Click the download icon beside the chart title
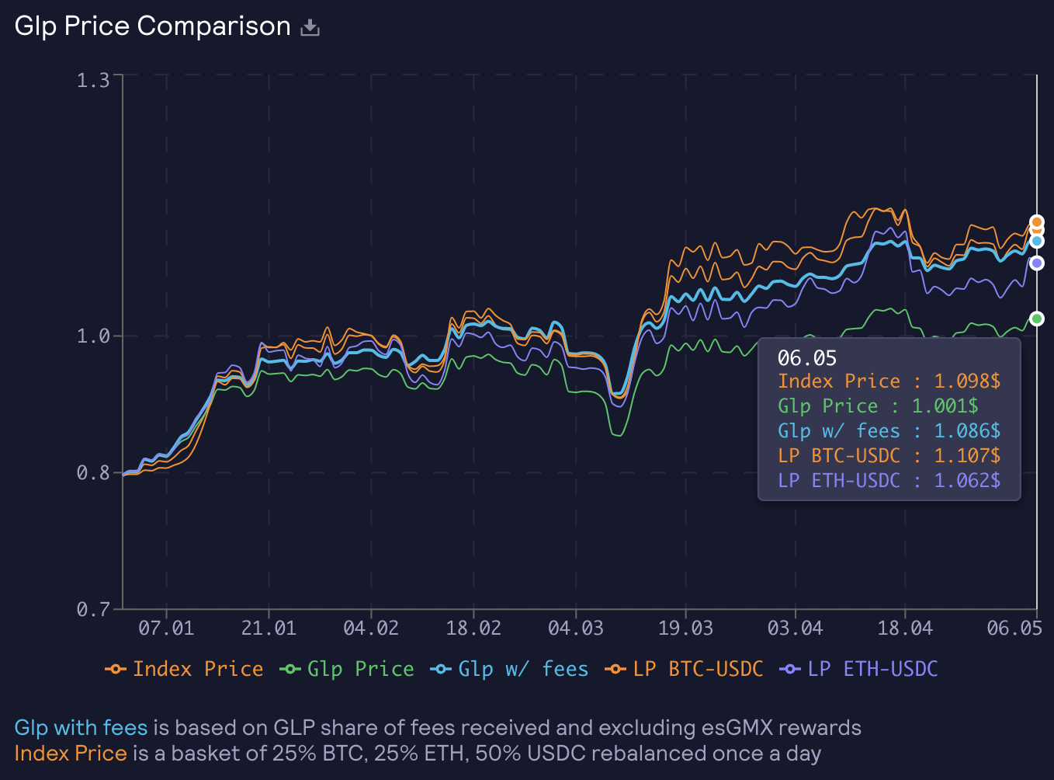coord(310,28)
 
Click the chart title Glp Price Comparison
coord(152,26)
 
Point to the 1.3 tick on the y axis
coord(93,80)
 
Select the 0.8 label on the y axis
coord(93,472)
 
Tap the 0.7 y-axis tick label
coord(93,609)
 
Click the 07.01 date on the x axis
coord(166,629)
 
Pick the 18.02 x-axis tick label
coord(473,629)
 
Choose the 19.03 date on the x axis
coord(685,629)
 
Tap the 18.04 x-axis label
coord(905,629)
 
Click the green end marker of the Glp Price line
coord(1037,319)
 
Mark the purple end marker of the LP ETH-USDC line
coord(1037,263)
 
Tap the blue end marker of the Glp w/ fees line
coord(1037,241)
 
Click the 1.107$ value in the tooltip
coord(967,456)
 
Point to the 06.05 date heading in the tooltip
coord(807,358)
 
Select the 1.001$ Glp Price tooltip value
coord(945,406)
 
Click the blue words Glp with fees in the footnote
coord(81,728)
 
